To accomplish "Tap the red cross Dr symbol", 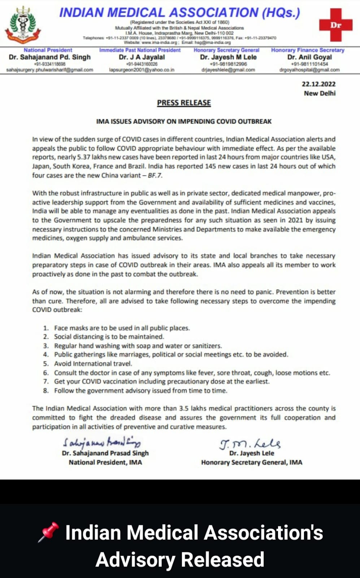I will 335,25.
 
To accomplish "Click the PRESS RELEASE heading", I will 184,103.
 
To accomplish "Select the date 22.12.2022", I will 318,84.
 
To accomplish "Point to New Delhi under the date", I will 320,93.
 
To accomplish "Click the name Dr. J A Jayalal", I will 142,57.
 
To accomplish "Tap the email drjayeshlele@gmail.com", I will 228,70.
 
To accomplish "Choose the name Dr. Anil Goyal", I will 309,57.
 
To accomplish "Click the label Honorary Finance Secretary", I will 308,50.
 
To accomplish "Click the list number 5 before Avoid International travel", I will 46,364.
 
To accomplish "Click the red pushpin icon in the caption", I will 48,532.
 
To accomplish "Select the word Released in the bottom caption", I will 222,559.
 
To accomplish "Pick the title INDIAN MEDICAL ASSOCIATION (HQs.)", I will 179,13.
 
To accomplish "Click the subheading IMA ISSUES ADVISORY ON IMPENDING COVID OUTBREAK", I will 184,121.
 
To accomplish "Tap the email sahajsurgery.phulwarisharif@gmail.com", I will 50,70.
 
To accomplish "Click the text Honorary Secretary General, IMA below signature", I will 252,462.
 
